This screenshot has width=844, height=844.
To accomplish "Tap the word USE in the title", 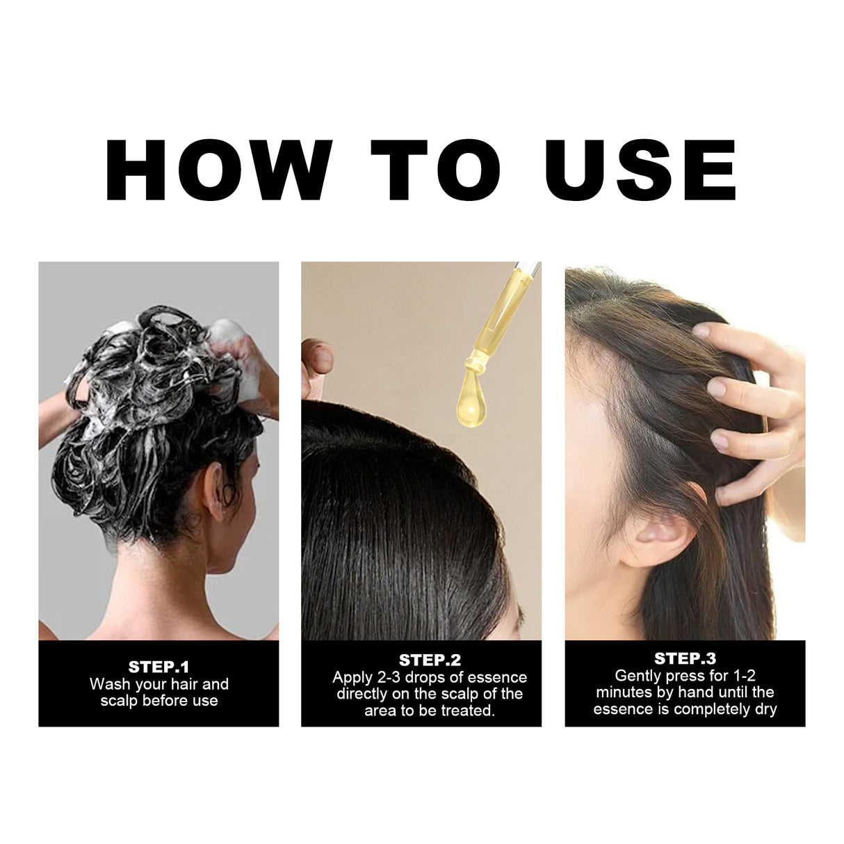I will coord(640,170).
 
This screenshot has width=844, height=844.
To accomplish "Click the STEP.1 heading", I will coord(159,667).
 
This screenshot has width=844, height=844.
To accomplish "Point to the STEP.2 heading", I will coord(430,660).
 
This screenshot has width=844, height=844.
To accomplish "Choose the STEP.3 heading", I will coord(685,658).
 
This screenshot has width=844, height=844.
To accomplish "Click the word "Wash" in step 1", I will coord(109,684).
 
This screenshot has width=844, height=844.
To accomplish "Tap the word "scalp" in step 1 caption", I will coord(119,701).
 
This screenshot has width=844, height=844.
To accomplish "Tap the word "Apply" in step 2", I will coord(352,677).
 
